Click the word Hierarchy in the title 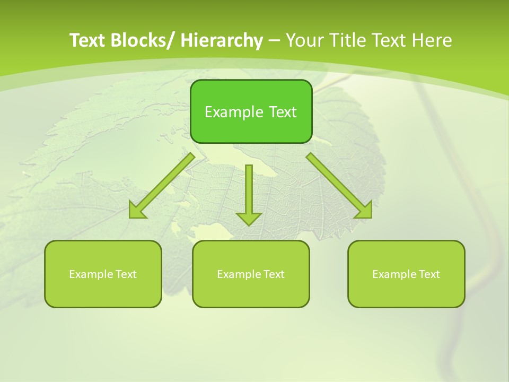[x=222, y=40]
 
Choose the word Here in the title [x=431, y=40]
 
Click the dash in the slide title [x=274, y=41]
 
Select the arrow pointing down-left [x=162, y=186]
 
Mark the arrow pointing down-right [x=339, y=186]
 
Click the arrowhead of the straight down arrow [x=249, y=218]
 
